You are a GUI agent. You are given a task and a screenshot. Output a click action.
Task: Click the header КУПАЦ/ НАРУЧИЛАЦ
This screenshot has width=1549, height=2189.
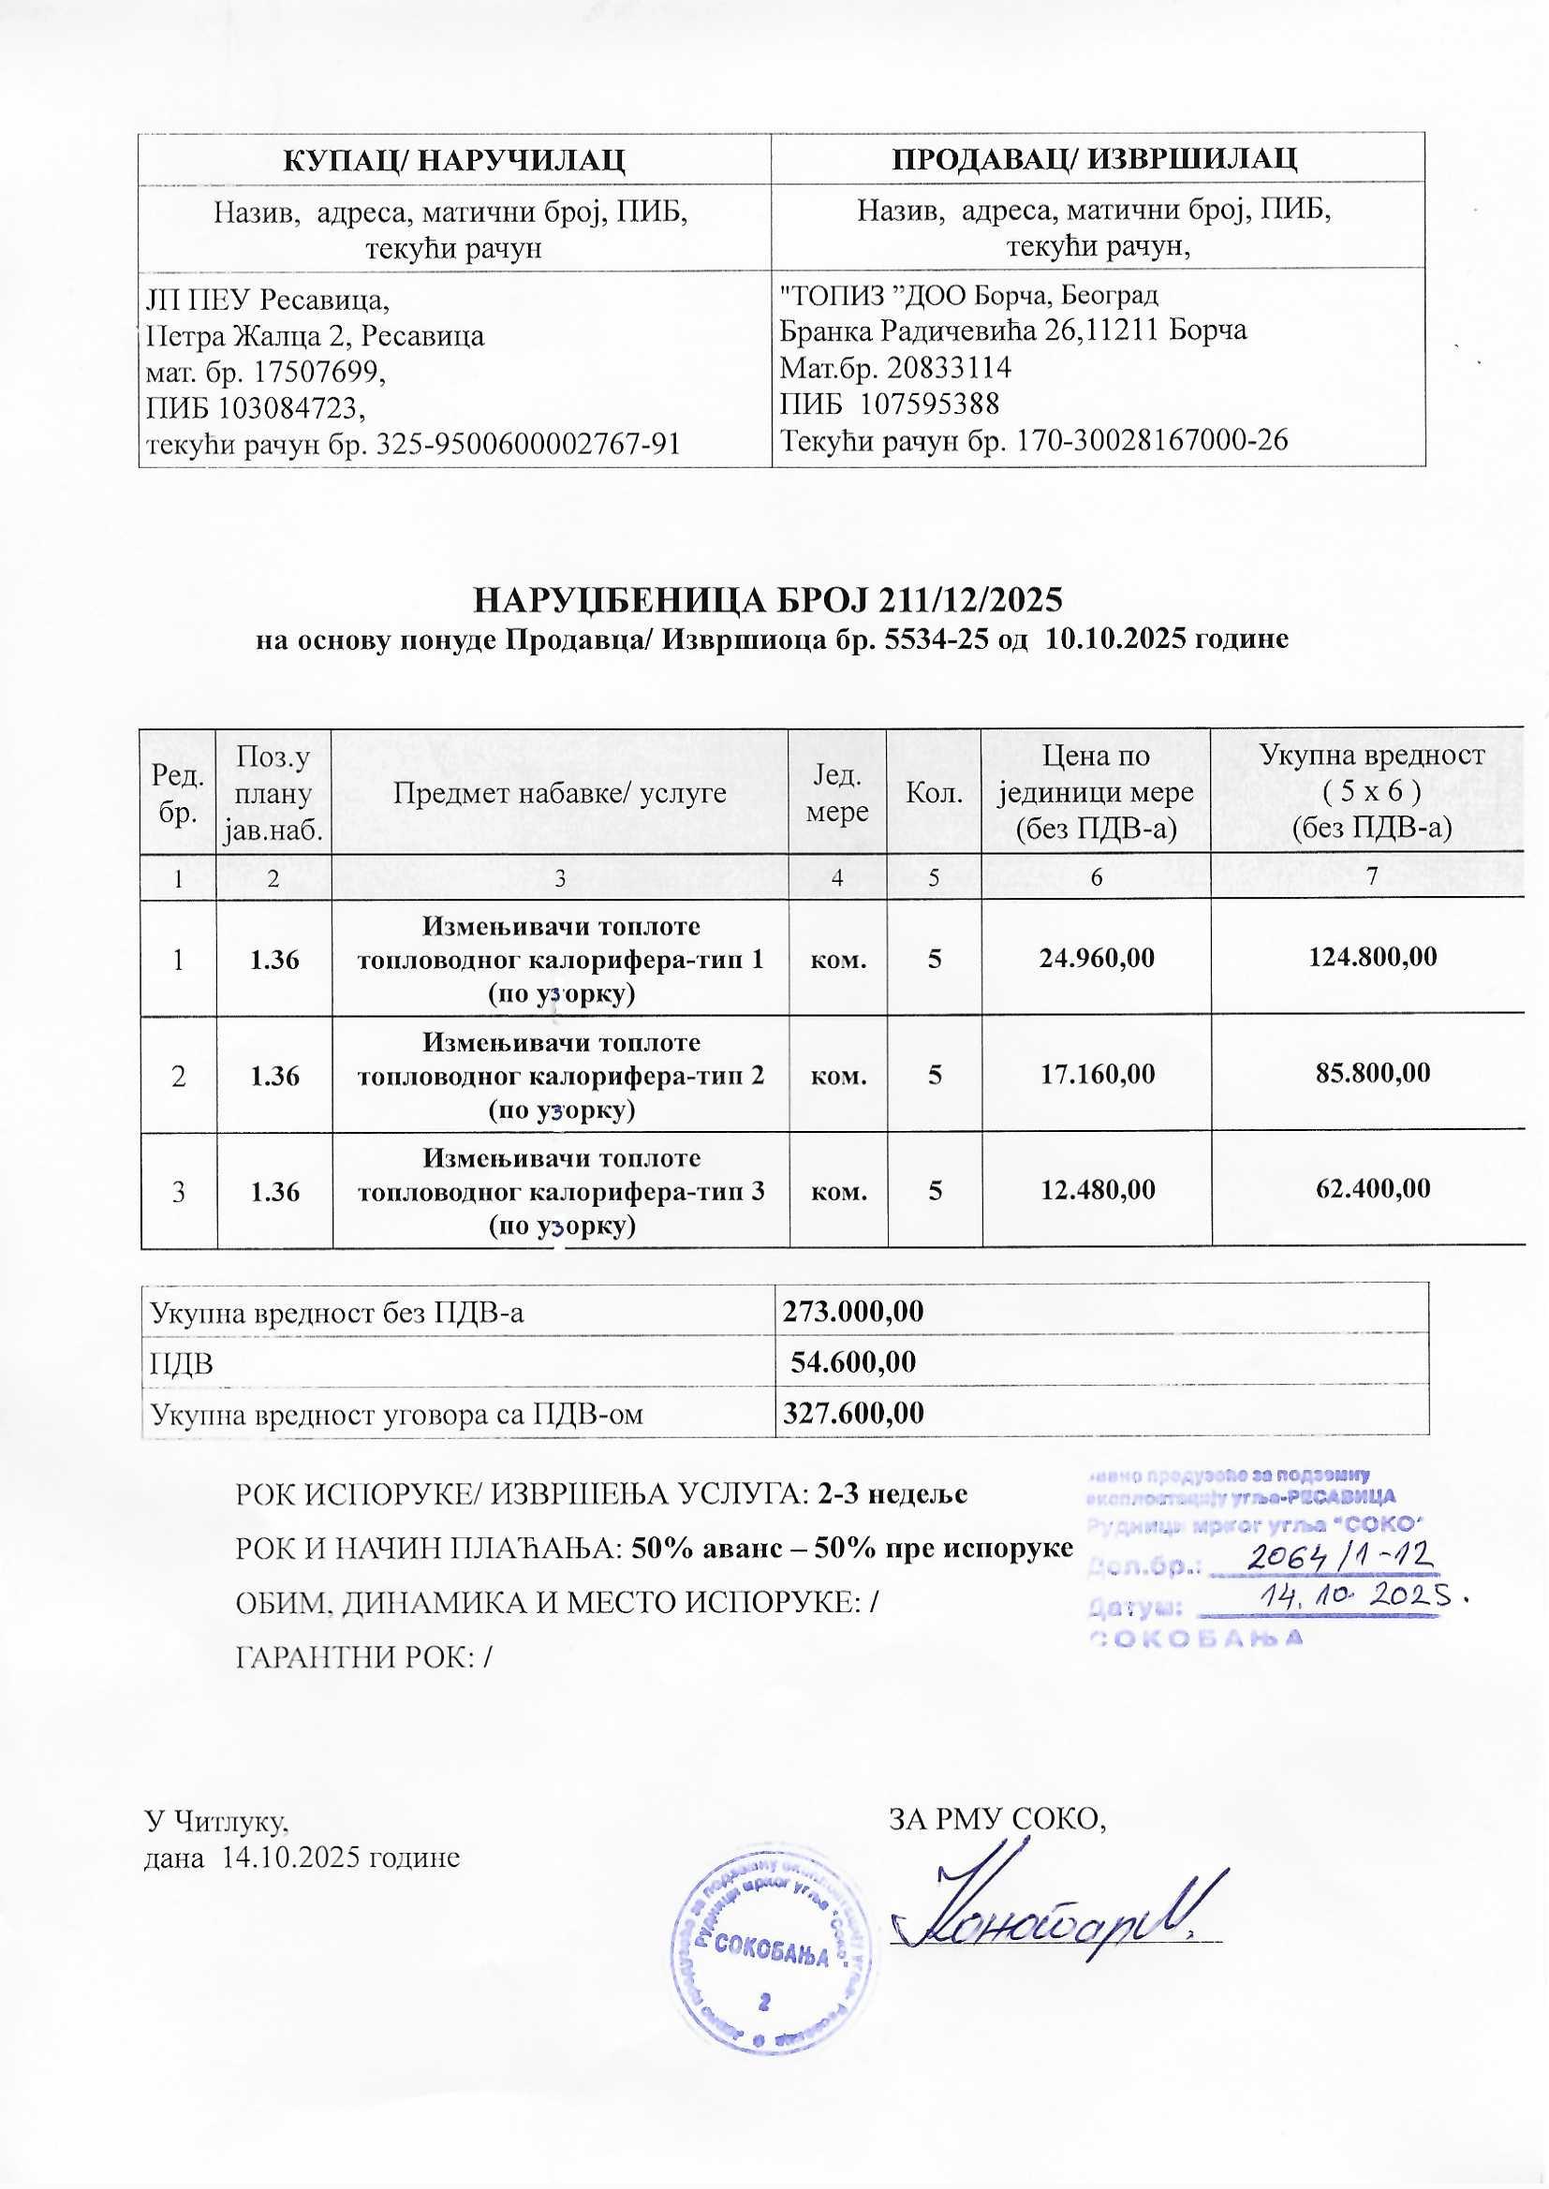(x=454, y=159)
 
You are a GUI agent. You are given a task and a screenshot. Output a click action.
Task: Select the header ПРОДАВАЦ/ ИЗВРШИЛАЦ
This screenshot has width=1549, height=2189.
(x=1098, y=158)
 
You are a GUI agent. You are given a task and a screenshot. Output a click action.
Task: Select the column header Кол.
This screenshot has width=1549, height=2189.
(x=934, y=792)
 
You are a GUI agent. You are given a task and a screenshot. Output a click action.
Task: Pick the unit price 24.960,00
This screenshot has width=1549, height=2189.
(x=1097, y=957)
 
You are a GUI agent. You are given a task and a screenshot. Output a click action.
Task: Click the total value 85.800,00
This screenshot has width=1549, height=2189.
(x=1371, y=1074)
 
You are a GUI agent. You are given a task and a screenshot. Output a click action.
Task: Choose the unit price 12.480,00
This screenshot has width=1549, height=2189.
(x=1097, y=1189)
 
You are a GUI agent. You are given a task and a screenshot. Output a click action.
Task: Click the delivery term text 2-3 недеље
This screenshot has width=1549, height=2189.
(x=893, y=1494)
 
